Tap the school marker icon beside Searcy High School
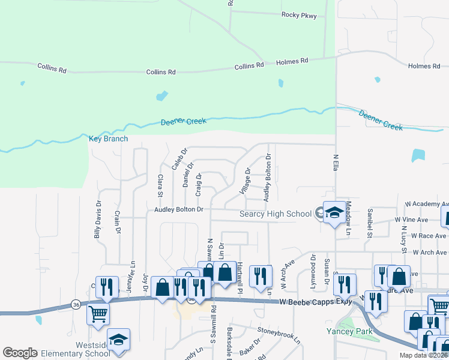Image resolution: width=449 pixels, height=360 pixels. pos(333,212)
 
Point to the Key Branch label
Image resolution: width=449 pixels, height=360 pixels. pos(108,139)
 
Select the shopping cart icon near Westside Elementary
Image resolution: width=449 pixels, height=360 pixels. pos(98,313)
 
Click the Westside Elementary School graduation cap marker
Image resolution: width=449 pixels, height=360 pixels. pos(118,340)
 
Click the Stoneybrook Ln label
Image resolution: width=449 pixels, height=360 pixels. pos(279,330)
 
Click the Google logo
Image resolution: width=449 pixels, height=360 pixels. pos(20,353)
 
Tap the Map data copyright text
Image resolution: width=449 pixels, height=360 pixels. pos(423,355)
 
